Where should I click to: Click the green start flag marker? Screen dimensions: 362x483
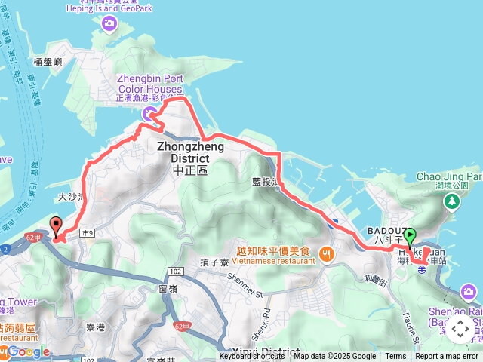click(411, 236)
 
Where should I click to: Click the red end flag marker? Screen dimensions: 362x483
click(55, 225)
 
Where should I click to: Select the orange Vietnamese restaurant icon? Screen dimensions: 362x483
click(326, 253)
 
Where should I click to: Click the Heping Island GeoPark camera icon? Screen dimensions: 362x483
click(110, 24)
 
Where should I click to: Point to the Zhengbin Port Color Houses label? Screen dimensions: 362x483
click(150, 87)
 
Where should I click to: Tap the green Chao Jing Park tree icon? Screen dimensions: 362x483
click(451, 201)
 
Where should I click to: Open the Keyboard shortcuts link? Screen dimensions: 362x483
click(252, 357)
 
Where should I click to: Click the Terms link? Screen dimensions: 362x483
click(395, 357)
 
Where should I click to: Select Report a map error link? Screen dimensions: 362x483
click(448, 357)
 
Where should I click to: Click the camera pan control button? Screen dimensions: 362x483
click(460, 330)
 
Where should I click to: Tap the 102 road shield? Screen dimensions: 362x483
click(175, 271)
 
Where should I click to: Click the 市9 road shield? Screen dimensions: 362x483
click(87, 233)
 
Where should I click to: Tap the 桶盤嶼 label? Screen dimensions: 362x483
click(48, 63)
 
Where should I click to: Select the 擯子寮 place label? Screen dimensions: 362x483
click(215, 262)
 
